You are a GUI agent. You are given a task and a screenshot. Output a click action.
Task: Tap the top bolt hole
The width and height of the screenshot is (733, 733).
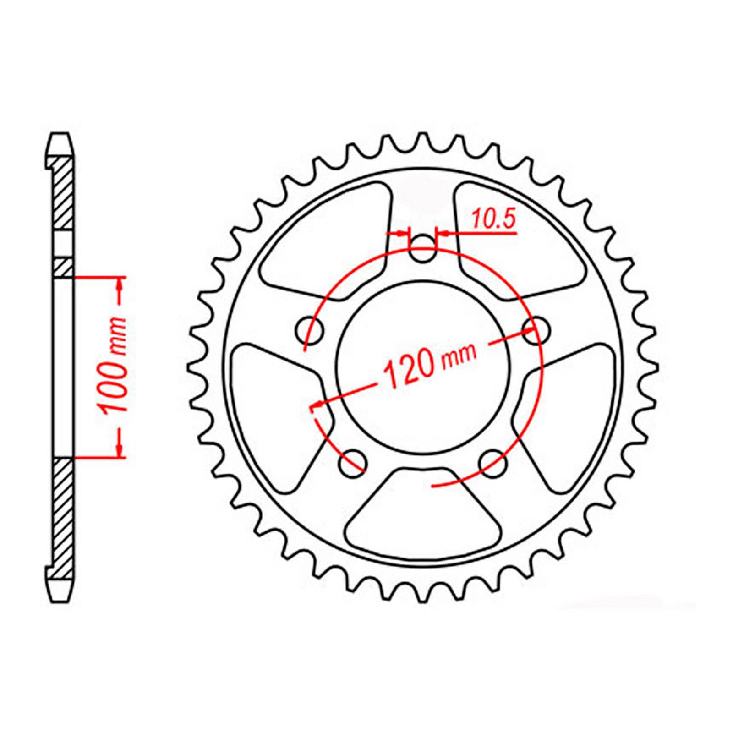pyautogui.click(x=422, y=249)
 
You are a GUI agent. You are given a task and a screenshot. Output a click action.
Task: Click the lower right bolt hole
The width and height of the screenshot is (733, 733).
pyautogui.click(x=492, y=462)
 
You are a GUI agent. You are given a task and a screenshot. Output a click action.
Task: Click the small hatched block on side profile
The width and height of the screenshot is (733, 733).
pyautogui.click(x=63, y=268)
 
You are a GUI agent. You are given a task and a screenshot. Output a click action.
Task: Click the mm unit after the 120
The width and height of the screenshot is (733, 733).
pyautogui.click(x=458, y=356)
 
